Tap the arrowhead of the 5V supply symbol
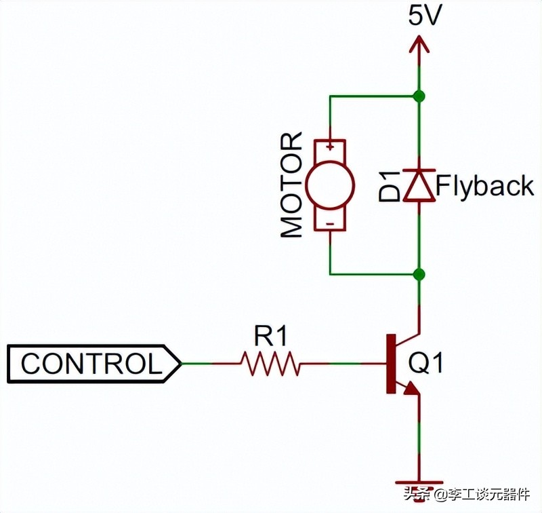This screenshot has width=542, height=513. [x=419, y=43]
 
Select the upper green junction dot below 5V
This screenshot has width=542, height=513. [x=419, y=96]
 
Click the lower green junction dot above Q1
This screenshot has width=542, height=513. [x=419, y=274]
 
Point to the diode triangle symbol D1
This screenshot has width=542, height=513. [x=419, y=187]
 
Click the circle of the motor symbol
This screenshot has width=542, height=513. [x=330, y=185]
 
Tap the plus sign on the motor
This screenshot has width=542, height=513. [x=330, y=145]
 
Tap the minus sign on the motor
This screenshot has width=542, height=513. [x=330, y=223]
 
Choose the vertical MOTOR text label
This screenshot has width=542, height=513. [x=292, y=185]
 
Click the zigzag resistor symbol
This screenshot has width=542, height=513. [x=270, y=364]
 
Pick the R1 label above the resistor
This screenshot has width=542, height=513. [x=270, y=335]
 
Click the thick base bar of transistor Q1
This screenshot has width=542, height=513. [x=390, y=364]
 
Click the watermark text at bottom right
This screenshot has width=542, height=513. [x=472, y=496]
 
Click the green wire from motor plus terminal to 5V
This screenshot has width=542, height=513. [x=373, y=96]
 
